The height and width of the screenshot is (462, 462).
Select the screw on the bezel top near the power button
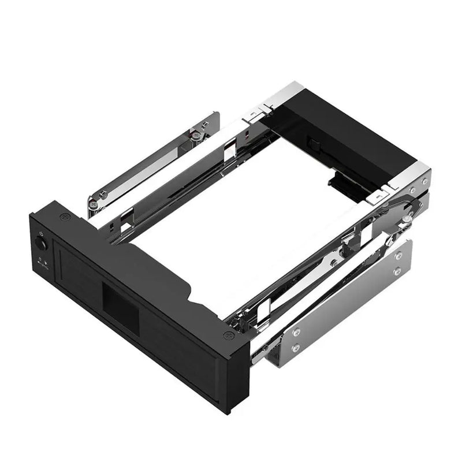click(64, 218)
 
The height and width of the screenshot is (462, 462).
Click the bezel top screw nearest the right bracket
click(228, 335)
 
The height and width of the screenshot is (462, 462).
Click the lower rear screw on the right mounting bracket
click(397, 271)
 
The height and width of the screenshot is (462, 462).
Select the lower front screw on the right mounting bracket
click(296, 347)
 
